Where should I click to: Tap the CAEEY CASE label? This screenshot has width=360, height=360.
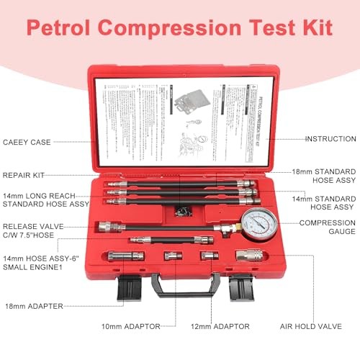pos(26,142)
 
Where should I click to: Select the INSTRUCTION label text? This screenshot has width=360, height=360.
pos(330,138)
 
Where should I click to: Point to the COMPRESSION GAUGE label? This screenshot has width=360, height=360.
pos(328,227)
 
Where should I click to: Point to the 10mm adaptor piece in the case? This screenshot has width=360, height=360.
pos(172,257)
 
